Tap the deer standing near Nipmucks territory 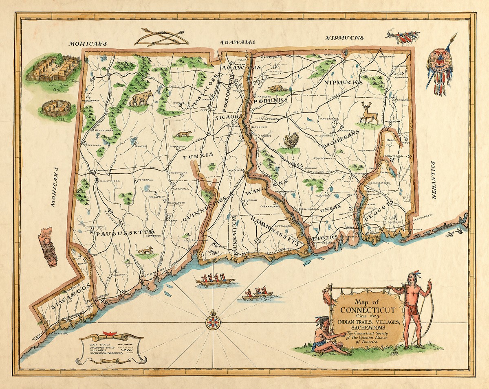pos(368,114)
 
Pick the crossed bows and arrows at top pos(161,37)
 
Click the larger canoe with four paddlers pos(215,281)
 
